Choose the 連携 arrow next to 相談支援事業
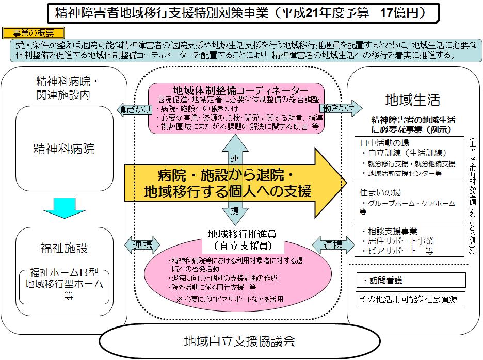point(333,244)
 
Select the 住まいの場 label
point(380,192)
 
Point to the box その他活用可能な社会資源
point(410,299)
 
